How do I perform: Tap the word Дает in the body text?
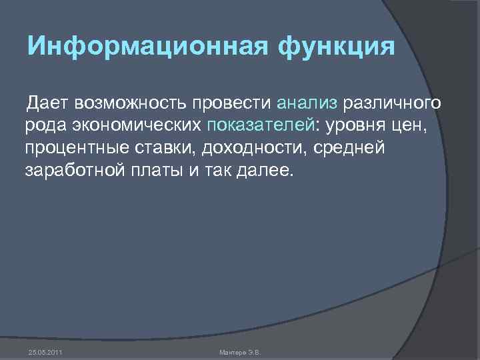(x=47, y=103)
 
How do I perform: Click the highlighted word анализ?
(x=307, y=103)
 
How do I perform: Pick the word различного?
(x=391, y=103)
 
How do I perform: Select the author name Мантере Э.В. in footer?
(x=241, y=351)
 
